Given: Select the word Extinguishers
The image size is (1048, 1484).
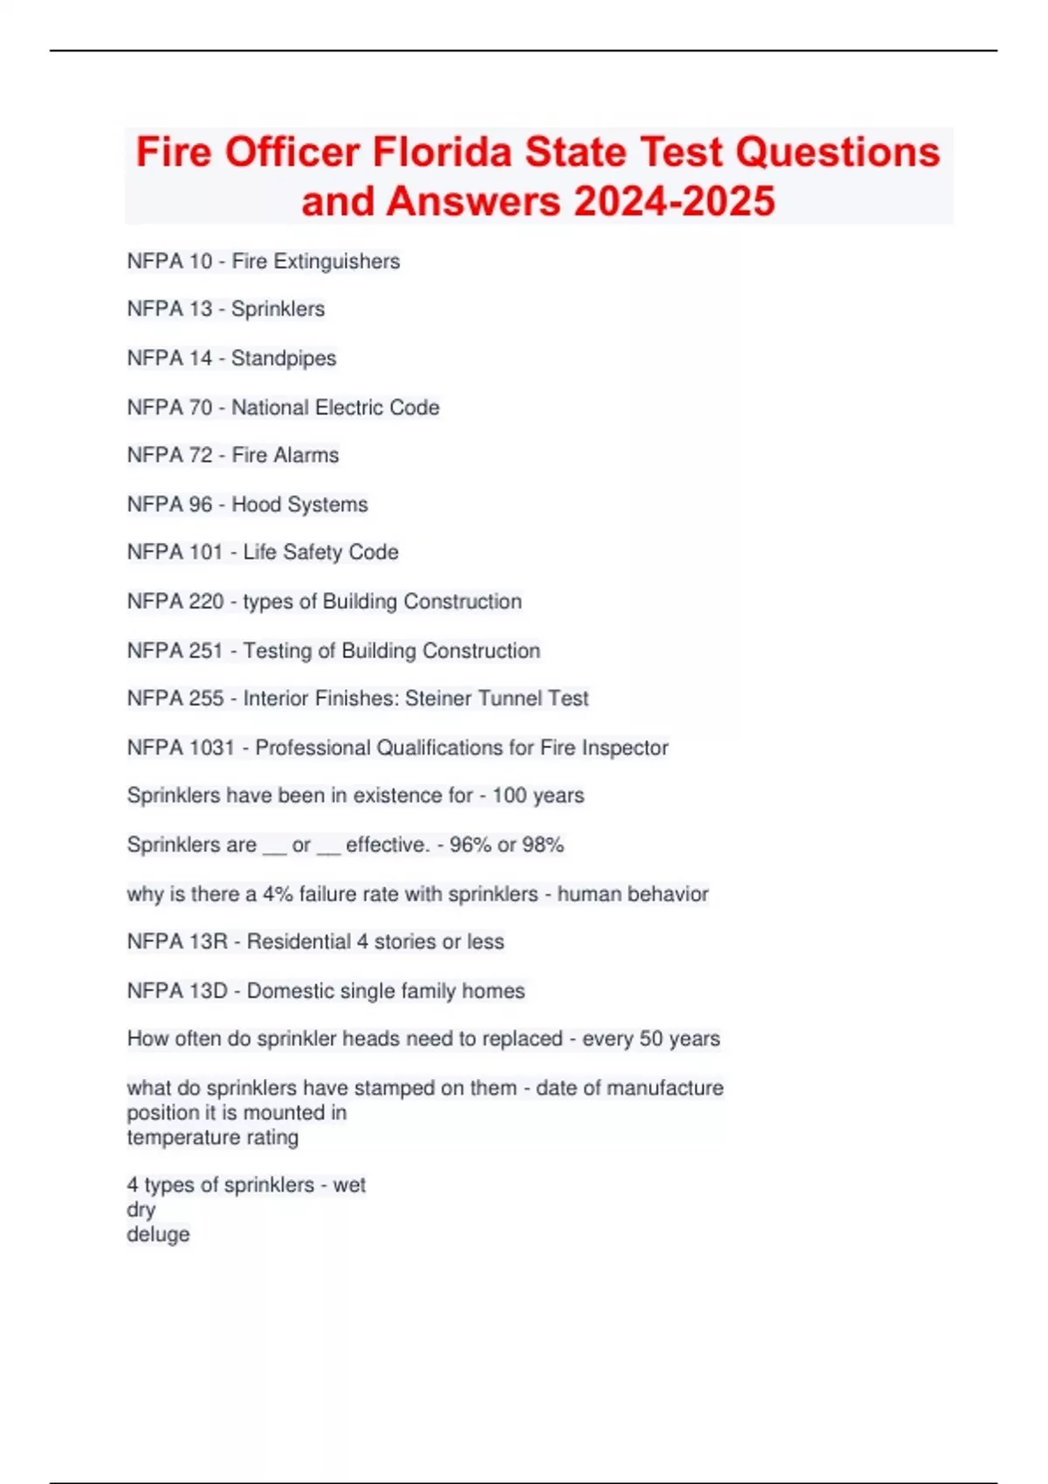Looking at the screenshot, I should coord(337,261).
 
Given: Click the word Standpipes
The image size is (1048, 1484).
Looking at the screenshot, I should coord(284,358).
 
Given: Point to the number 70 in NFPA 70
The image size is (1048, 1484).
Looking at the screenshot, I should coord(201,407).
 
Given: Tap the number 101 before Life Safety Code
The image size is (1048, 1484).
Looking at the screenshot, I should coord(206,552).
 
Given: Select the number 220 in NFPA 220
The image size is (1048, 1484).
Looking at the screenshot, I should coord(206,601).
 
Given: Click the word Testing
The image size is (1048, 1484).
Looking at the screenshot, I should coord(277,650).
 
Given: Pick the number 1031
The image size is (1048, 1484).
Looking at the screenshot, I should coord(212,747).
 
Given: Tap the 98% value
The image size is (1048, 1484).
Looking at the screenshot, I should coord(543,844).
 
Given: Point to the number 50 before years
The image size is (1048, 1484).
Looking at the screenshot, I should coord(652,1039).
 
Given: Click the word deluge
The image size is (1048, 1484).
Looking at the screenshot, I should coord(158,1234).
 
